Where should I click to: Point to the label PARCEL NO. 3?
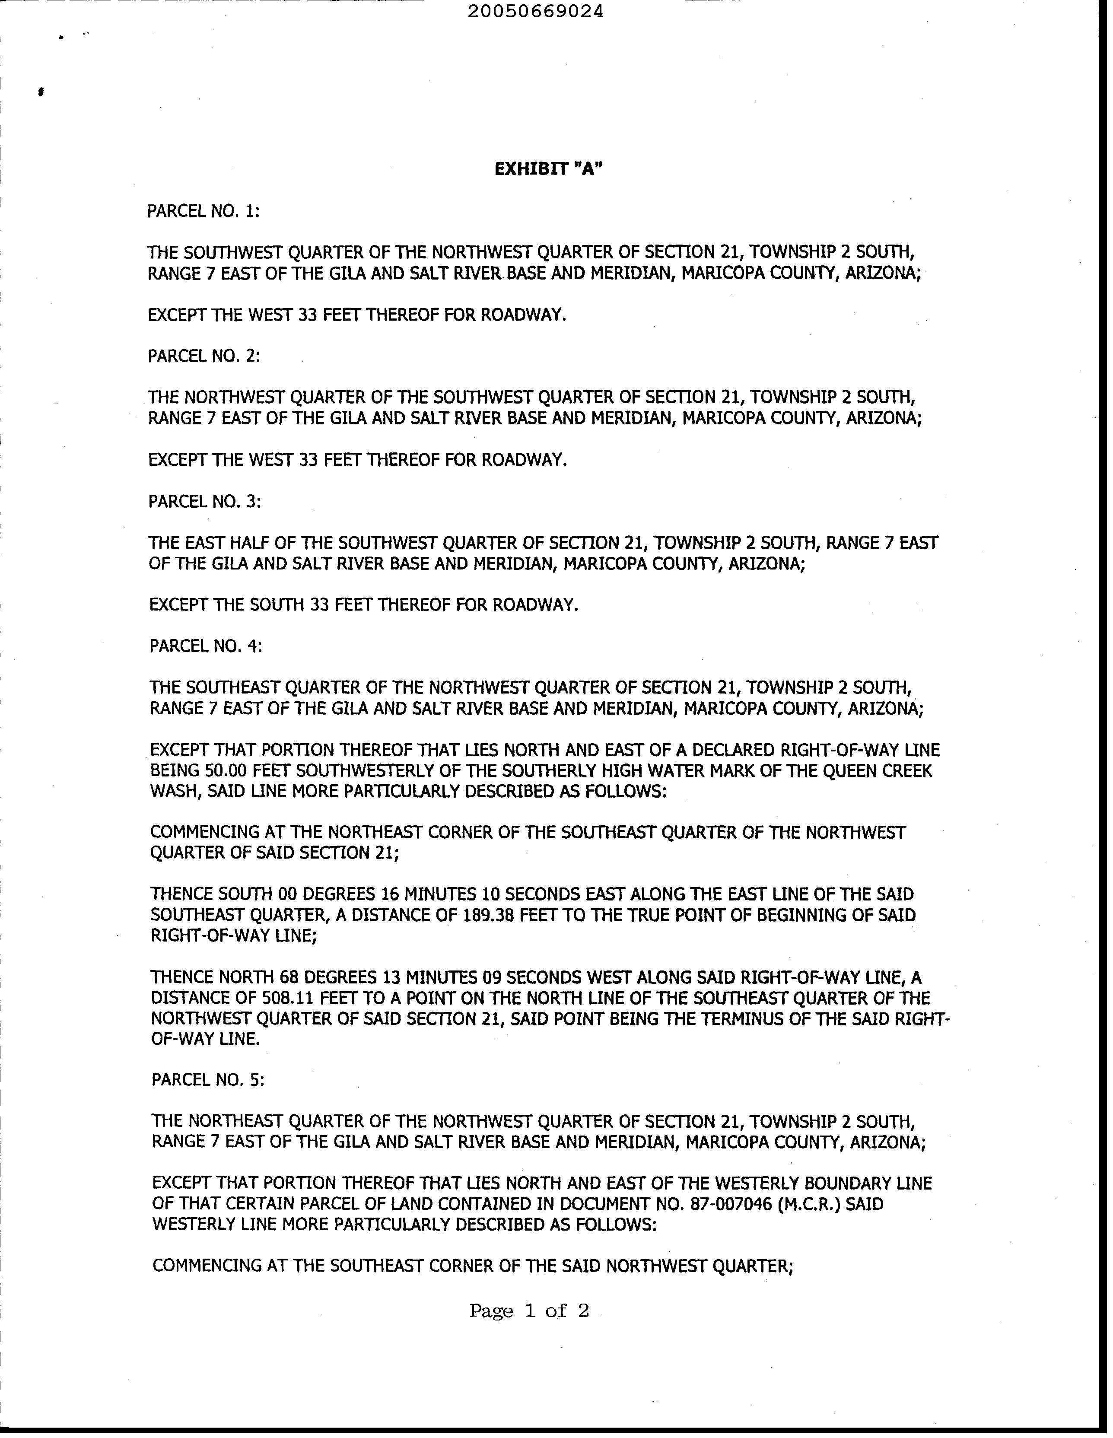point(205,501)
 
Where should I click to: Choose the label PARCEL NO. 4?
point(206,646)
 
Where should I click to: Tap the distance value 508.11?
point(290,998)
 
